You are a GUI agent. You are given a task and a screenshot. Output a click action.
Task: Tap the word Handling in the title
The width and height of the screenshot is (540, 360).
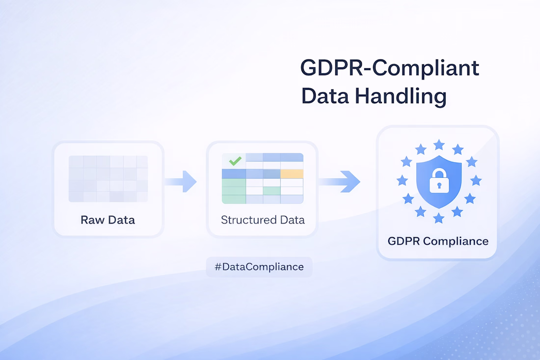tap(401, 96)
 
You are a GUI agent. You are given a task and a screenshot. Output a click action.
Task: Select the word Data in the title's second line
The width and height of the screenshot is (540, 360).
tap(325, 96)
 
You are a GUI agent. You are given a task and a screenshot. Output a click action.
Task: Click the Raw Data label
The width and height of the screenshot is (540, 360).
tap(108, 220)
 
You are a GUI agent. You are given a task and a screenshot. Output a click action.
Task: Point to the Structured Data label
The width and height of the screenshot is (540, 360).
tap(263, 220)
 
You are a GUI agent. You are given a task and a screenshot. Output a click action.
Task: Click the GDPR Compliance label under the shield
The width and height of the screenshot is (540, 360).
tap(438, 241)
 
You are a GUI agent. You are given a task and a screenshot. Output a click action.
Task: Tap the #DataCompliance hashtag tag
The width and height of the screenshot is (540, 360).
tap(259, 267)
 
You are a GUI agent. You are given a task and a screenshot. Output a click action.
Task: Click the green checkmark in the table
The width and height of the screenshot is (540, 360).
tap(235, 161)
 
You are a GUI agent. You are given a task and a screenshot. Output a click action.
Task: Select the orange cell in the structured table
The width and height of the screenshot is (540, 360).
tap(292, 174)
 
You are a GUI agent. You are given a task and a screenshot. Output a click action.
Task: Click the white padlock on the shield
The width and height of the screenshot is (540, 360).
tap(439, 181)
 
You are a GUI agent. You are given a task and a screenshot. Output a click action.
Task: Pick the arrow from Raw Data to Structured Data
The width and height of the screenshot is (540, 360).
tap(181, 181)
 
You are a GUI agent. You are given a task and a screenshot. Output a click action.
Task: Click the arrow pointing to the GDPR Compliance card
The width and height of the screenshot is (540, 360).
tap(340, 181)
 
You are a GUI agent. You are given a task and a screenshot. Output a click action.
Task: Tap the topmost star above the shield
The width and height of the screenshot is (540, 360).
tap(439, 145)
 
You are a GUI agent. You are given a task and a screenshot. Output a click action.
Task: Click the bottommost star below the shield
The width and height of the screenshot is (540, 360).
tap(439, 218)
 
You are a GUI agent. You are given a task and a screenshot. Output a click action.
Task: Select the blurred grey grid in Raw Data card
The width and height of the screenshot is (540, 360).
tap(108, 179)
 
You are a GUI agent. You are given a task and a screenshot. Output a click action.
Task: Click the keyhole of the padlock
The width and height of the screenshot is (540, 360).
tap(439, 186)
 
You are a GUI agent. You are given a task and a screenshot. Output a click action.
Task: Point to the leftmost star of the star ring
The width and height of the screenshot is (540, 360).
tap(402, 180)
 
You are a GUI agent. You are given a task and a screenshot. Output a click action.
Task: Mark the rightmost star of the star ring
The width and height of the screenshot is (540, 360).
tap(476, 180)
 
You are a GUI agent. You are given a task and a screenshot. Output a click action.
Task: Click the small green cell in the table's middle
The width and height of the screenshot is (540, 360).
tap(272, 191)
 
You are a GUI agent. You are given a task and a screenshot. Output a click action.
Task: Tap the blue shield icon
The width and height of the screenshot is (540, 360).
tap(439, 182)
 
